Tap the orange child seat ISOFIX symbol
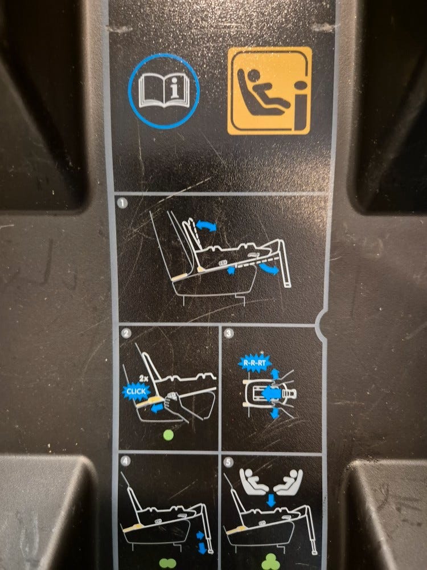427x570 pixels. coord(269,91)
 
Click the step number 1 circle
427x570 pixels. coord(122,203)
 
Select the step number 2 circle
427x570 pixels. coord(126,333)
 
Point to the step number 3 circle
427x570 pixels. coord(229,333)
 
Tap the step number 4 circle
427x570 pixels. coord(125,461)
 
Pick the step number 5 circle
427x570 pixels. coord(228,462)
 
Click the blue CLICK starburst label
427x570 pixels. coord(136,392)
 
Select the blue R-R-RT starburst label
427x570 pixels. coord(255,363)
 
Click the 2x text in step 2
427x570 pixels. coord(144,378)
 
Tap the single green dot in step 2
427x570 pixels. coord(169,435)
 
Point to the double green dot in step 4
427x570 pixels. coord(167,564)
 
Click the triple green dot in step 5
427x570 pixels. coord(270,561)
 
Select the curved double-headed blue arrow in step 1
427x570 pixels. coord(206,225)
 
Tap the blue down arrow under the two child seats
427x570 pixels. coord(270,500)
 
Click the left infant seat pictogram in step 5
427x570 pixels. coord(254,481)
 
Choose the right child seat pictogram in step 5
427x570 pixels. coord(288,482)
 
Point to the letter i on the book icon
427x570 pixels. coord(175,88)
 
